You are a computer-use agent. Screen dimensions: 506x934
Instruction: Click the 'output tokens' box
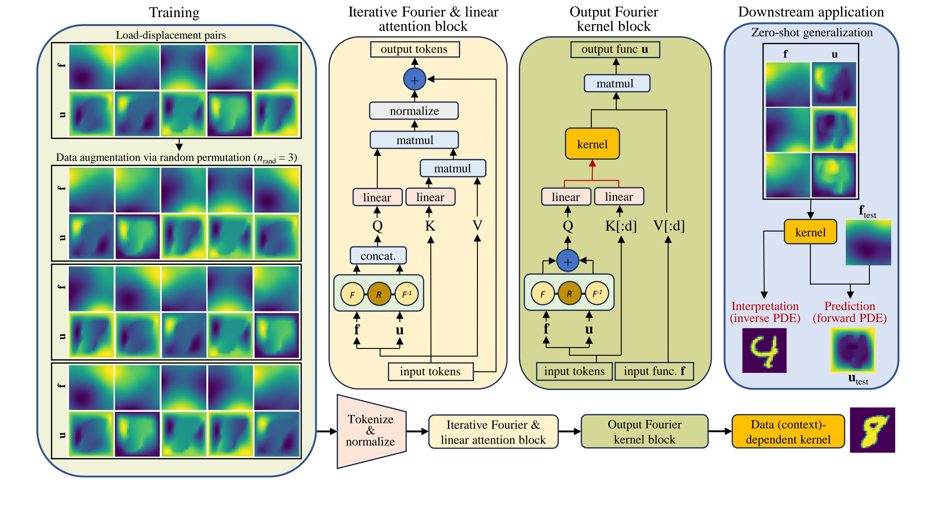click(414, 49)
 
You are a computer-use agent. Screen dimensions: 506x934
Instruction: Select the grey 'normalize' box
click(414, 111)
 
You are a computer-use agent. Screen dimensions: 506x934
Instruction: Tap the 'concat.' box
click(378, 256)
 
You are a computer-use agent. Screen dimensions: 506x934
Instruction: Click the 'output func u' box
click(615, 49)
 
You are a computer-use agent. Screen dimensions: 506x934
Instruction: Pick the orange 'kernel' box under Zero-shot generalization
click(810, 232)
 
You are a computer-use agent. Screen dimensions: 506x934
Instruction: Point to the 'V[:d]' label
click(669, 226)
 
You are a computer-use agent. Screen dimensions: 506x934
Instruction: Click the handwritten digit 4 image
click(764, 350)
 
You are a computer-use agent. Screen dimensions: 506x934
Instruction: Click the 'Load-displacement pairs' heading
click(171, 35)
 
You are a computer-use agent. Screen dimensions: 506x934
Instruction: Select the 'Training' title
click(174, 13)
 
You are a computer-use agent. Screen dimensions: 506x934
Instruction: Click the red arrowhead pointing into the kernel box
click(592, 164)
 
